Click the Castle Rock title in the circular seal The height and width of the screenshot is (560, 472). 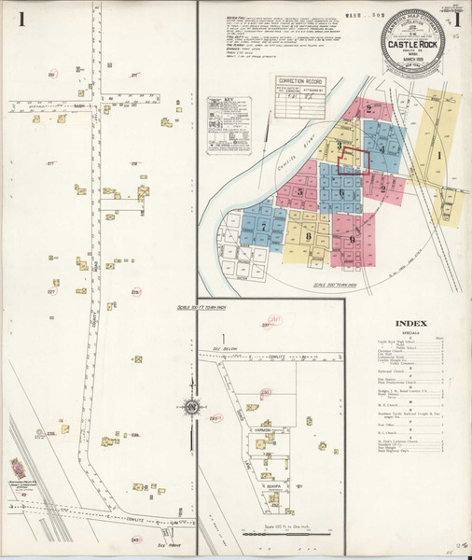click(416, 41)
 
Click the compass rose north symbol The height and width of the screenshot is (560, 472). click(191, 406)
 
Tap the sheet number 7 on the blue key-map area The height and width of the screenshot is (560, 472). click(264, 227)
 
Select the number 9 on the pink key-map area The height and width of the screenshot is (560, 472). click(352, 239)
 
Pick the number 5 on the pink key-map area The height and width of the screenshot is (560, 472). click(300, 192)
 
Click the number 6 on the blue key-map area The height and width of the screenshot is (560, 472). click(342, 193)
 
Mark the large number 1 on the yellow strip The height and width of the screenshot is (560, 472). click(439, 156)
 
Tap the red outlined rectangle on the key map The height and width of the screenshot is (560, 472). click(354, 160)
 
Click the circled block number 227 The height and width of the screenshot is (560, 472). click(52, 292)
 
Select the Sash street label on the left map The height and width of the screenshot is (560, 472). click(79, 105)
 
